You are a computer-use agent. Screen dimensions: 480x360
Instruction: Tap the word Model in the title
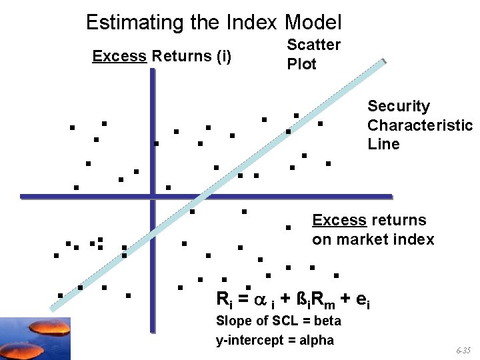tap(313, 23)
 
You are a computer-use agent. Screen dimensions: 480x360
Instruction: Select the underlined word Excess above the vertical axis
tap(119, 56)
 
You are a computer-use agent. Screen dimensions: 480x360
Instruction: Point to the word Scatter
tap(313, 45)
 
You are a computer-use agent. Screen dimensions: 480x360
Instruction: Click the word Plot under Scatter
tap(301, 64)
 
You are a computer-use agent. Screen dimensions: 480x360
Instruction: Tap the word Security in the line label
tap(399, 106)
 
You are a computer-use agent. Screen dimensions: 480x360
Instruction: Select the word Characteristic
tap(419, 125)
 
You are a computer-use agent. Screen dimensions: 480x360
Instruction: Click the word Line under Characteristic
tap(383, 144)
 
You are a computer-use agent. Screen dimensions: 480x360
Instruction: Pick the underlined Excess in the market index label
tap(339, 220)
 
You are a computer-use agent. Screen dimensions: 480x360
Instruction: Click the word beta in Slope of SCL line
tap(327, 321)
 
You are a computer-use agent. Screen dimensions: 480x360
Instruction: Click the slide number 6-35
tap(465, 350)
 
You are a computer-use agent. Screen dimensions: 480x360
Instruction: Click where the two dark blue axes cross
tap(152, 197)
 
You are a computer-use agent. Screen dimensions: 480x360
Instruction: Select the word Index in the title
tap(251, 23)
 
